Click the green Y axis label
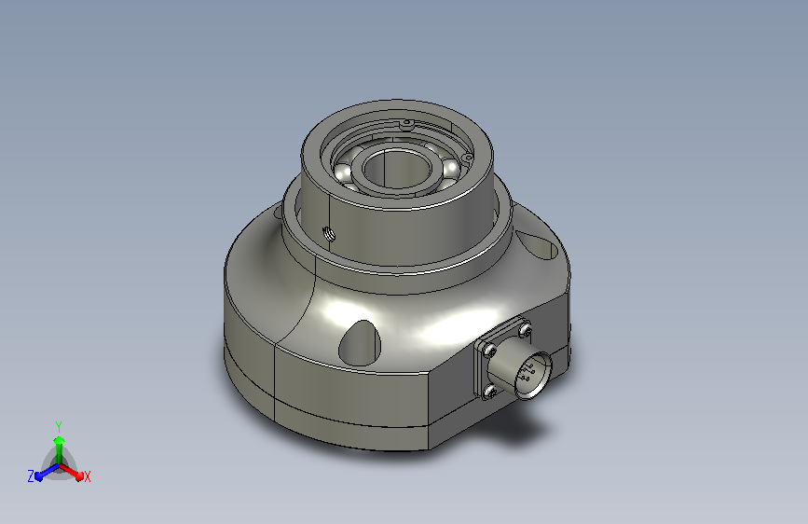tap(59, 426)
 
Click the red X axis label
tap(87, 477)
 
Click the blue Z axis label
tap(31, 476)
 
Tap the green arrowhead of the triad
tap(60, 440)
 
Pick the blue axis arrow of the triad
tap(48, 472)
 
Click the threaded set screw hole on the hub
tap(329, 234)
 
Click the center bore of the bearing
tap(397, 168)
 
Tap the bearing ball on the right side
tap(450, 168)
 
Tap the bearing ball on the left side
tap(343, 172)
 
